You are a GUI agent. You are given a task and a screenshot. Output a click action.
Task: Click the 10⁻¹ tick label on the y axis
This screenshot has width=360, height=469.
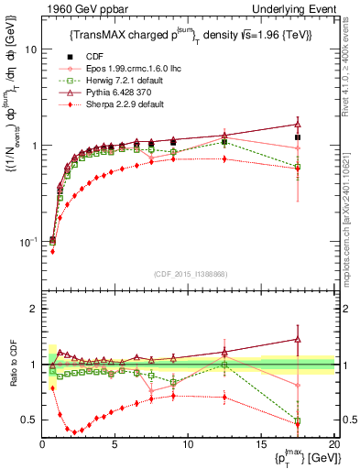click(x=27, y=241)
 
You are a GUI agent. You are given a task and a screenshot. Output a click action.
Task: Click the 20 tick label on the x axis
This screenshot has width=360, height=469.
click(x=333, y=443)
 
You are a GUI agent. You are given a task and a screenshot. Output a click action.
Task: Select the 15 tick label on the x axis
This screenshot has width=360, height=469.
click(x=261, y=443)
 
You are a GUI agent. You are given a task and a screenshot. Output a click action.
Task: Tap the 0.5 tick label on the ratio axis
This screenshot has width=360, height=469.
click(x=27, y=420)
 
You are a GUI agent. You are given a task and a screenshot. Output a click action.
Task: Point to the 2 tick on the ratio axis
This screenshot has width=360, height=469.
click(x=32, y=310)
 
